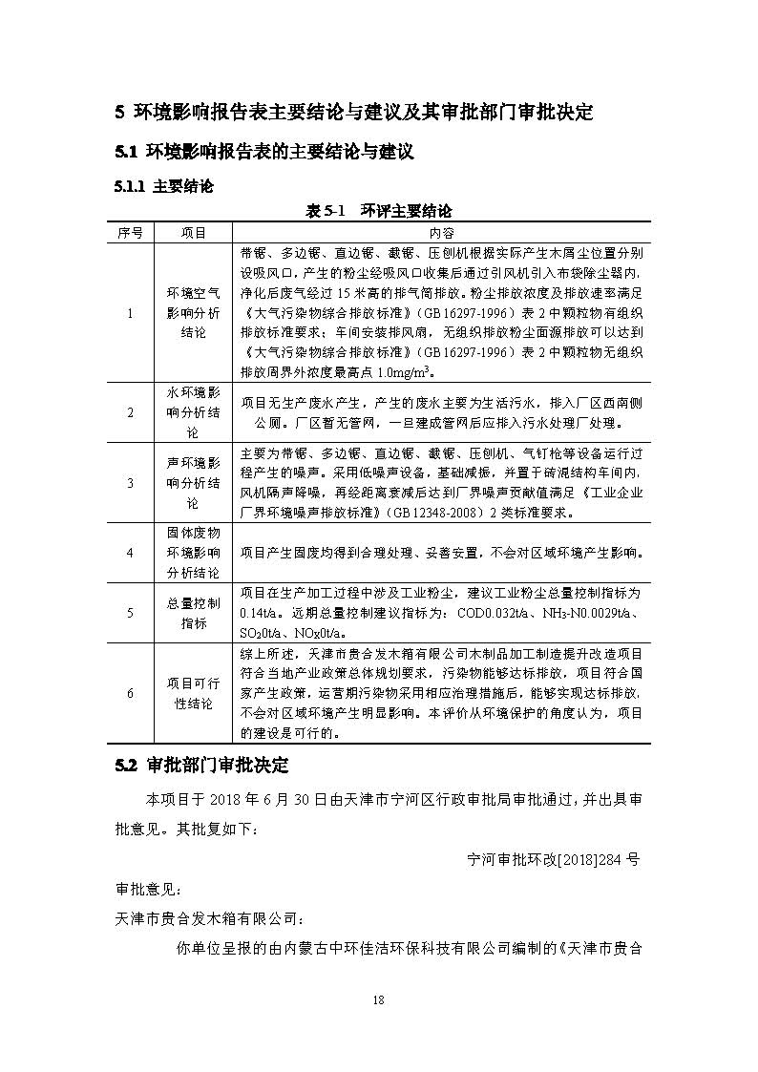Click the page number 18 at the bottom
(379, 1000)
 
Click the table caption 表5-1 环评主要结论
(378, 211)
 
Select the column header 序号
(130, 233)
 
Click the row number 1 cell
(130, 312)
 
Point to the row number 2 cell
(130, 412)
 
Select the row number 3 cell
(130, 483)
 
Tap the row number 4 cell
(130, 552)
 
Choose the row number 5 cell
(130, 613)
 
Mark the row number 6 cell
(130, 693)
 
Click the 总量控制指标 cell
(194, 613)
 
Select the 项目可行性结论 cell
(194, 693)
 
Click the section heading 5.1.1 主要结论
(163, 187)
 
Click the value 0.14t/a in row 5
(258, 612)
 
